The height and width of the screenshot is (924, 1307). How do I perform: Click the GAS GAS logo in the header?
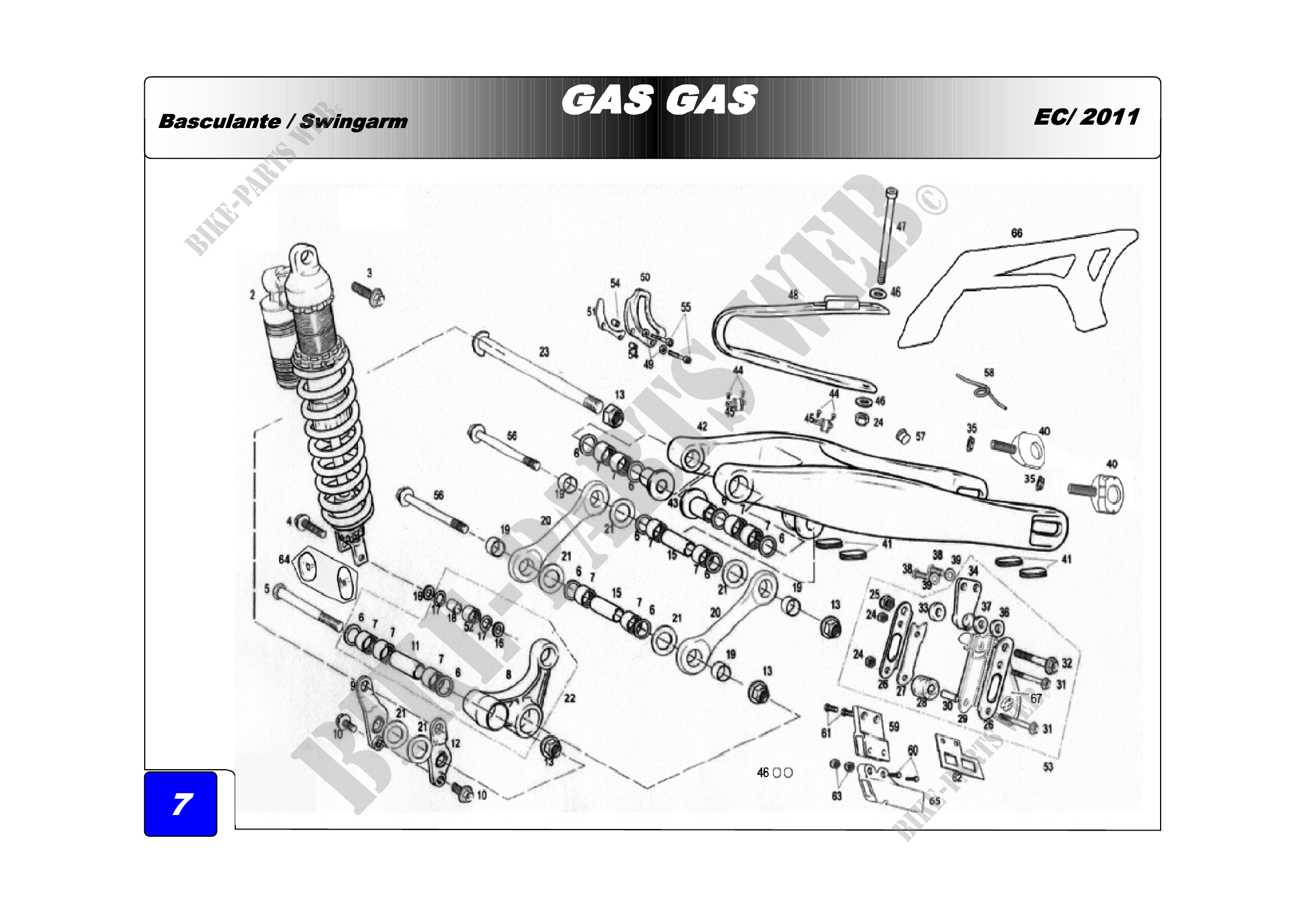(659, 100)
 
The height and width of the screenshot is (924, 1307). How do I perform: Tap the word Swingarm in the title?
(354, 121)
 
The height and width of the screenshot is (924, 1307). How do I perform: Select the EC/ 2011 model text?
(1086, 117)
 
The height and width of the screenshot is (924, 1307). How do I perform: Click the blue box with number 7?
(181, 804)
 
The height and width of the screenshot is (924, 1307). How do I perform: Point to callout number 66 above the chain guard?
(1016, 233)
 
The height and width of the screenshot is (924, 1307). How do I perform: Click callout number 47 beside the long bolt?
(901, 226)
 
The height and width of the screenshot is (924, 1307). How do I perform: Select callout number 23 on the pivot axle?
(544, 352)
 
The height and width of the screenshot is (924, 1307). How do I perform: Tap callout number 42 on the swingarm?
(702, 427)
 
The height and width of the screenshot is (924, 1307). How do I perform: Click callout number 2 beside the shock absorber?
(252, 295)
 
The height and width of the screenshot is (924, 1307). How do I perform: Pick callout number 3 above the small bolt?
(369, 273)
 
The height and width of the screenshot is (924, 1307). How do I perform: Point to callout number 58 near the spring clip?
(990, 373)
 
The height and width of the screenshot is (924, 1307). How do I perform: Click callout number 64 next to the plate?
(284, 560)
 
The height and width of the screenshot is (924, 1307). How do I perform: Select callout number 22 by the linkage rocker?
(570, 698)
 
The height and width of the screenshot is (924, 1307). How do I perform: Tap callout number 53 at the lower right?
(1048, 767)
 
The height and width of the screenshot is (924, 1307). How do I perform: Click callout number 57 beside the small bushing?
(920, 437)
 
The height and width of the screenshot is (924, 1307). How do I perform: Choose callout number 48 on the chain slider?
(793, 295)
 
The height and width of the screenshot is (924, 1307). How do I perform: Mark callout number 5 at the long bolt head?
(267, 589)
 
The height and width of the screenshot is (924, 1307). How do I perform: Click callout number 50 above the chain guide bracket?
(645, 277)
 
